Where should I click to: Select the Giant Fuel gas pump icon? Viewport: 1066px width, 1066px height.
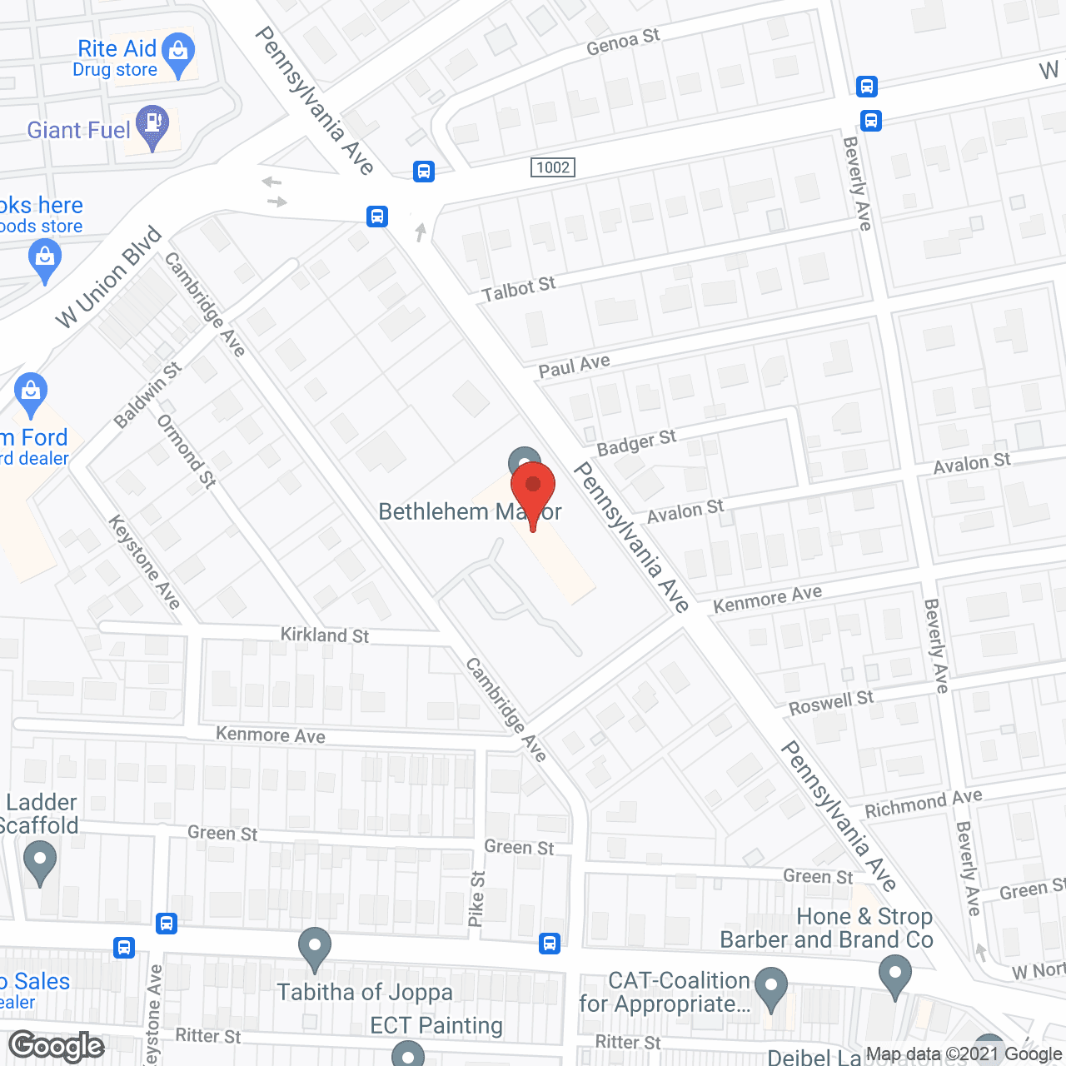152,126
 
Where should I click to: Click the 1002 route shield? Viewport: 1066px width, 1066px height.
553,167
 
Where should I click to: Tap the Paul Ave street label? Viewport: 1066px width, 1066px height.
574,366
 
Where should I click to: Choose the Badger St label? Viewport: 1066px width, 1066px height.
636,442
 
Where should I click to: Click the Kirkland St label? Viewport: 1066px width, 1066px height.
325,635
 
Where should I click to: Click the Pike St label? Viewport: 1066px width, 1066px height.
476,899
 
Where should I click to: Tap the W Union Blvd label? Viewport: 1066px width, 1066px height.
108,277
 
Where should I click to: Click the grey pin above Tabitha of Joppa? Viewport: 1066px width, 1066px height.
315,948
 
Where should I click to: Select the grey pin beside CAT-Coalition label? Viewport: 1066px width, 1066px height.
771,986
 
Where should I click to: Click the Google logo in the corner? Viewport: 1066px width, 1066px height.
57,1046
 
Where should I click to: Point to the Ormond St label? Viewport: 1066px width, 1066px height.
187,451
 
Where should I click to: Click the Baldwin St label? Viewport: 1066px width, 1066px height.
147,396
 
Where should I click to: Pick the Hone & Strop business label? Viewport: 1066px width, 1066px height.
864,917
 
